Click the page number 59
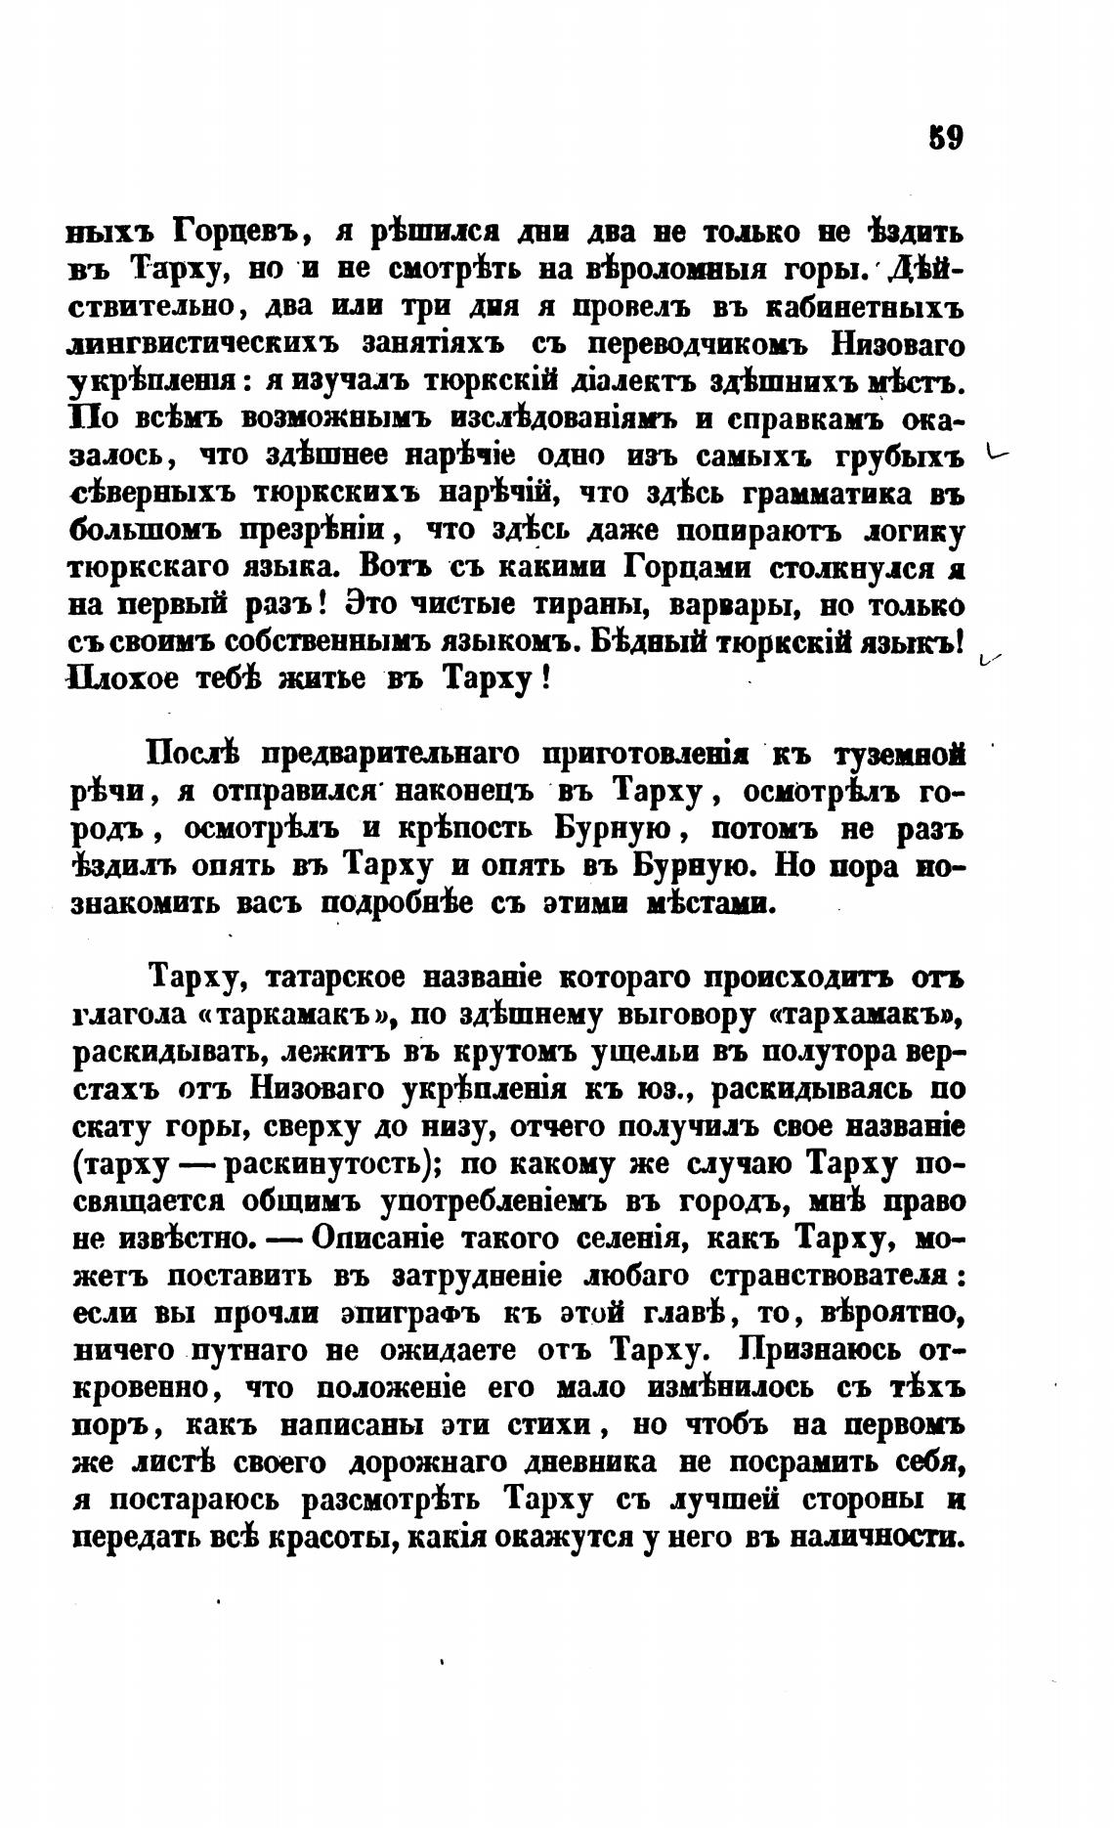[946, 137]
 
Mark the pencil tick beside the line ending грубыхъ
[997, 454]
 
